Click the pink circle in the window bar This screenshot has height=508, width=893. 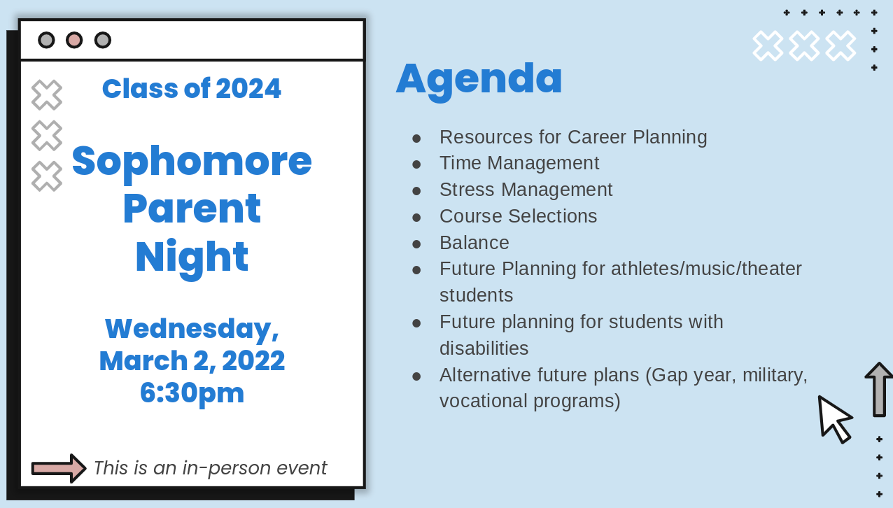coord(74,41)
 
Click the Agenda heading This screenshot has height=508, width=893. coord(479,79)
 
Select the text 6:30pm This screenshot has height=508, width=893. coord(192,393)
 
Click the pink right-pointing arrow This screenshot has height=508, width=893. coord(59,468)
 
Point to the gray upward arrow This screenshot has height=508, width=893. coord(879,390)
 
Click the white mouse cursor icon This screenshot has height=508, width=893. coord(834,419)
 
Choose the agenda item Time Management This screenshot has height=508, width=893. coord(519,163)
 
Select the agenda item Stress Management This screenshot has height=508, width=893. coord(526,190)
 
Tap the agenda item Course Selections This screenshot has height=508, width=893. coord(519,216)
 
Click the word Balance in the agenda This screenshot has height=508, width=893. coord(474,242)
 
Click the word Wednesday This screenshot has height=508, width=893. coord(192,330)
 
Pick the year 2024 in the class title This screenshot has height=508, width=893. coord(248,89)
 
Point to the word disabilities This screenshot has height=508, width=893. coord(484,348)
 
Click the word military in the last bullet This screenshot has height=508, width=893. coord(775,375)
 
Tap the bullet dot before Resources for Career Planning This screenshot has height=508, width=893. coord(416,139)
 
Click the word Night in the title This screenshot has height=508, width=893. coord(192,258)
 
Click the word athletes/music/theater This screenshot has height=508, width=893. coord(706,269)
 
